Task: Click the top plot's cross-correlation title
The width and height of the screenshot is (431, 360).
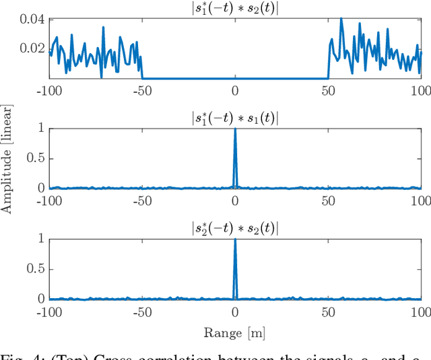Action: pos(234,7)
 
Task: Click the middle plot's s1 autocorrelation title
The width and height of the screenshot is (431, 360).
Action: pos(234,118)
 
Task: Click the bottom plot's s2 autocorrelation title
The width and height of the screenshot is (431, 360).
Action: pos(234,228)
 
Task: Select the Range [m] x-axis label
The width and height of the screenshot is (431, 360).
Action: pos(234,332)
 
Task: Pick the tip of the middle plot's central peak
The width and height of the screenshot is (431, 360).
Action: pos(235,129)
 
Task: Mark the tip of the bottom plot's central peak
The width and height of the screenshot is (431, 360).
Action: pos(235,239)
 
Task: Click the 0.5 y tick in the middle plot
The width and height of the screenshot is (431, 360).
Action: pos(36,158)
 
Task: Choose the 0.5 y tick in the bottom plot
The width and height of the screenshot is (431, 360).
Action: pos(36,268)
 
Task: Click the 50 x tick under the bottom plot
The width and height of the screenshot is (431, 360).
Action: pos(328,311)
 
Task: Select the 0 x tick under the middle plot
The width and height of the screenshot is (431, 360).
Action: pos(235,201)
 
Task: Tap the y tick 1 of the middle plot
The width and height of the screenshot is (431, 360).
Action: pos(42,128)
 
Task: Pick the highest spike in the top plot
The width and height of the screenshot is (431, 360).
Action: pos(341,19)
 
